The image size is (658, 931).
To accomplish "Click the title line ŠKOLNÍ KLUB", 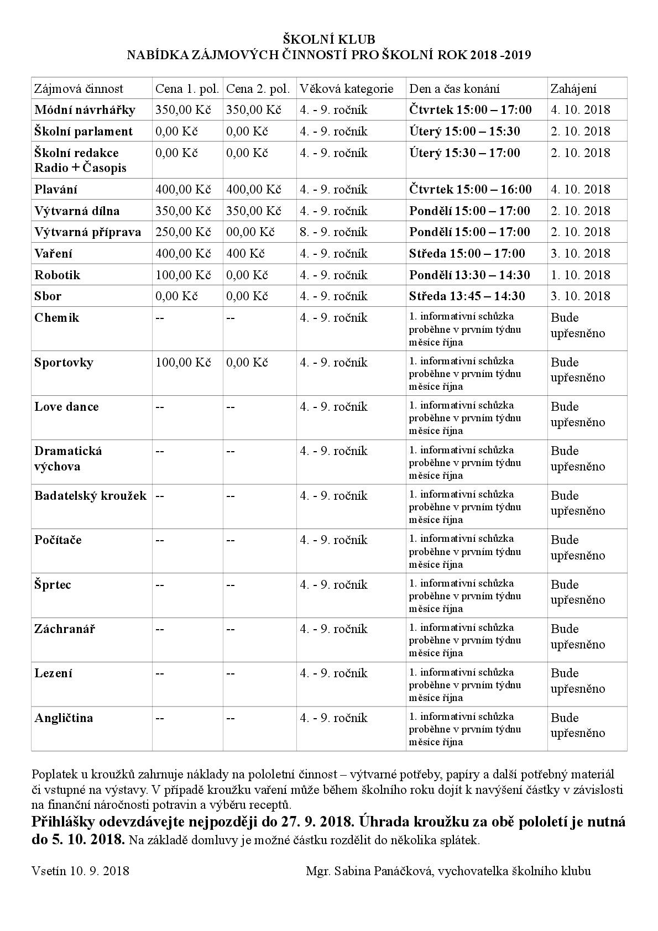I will pos(329,39).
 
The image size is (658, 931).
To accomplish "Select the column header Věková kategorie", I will pos(347,88).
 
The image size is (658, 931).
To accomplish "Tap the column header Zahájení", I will pos(573,88).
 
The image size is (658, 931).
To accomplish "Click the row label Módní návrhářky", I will pos(85,109).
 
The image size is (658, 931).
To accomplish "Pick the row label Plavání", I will pos(56,189).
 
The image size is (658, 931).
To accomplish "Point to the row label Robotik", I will pos(57,275).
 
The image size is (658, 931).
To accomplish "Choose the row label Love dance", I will pos(66,407).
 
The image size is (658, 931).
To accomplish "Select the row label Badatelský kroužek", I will pos(90,495).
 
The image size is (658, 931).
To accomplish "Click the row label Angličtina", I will pos(64,718).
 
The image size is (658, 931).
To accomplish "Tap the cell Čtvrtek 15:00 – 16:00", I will pos(471,189).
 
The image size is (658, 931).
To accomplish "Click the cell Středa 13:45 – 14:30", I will pos(467,296).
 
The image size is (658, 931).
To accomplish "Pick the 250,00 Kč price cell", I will pos(184,232).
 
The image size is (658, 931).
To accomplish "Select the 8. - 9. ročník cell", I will pos(333,232).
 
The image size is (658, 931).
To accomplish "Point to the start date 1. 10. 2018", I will pos(581,275).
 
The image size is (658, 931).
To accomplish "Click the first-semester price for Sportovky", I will pos(184,363).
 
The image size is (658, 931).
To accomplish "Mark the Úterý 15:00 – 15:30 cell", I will pos(464,131).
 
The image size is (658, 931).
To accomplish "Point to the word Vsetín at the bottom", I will pos(49,871).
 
